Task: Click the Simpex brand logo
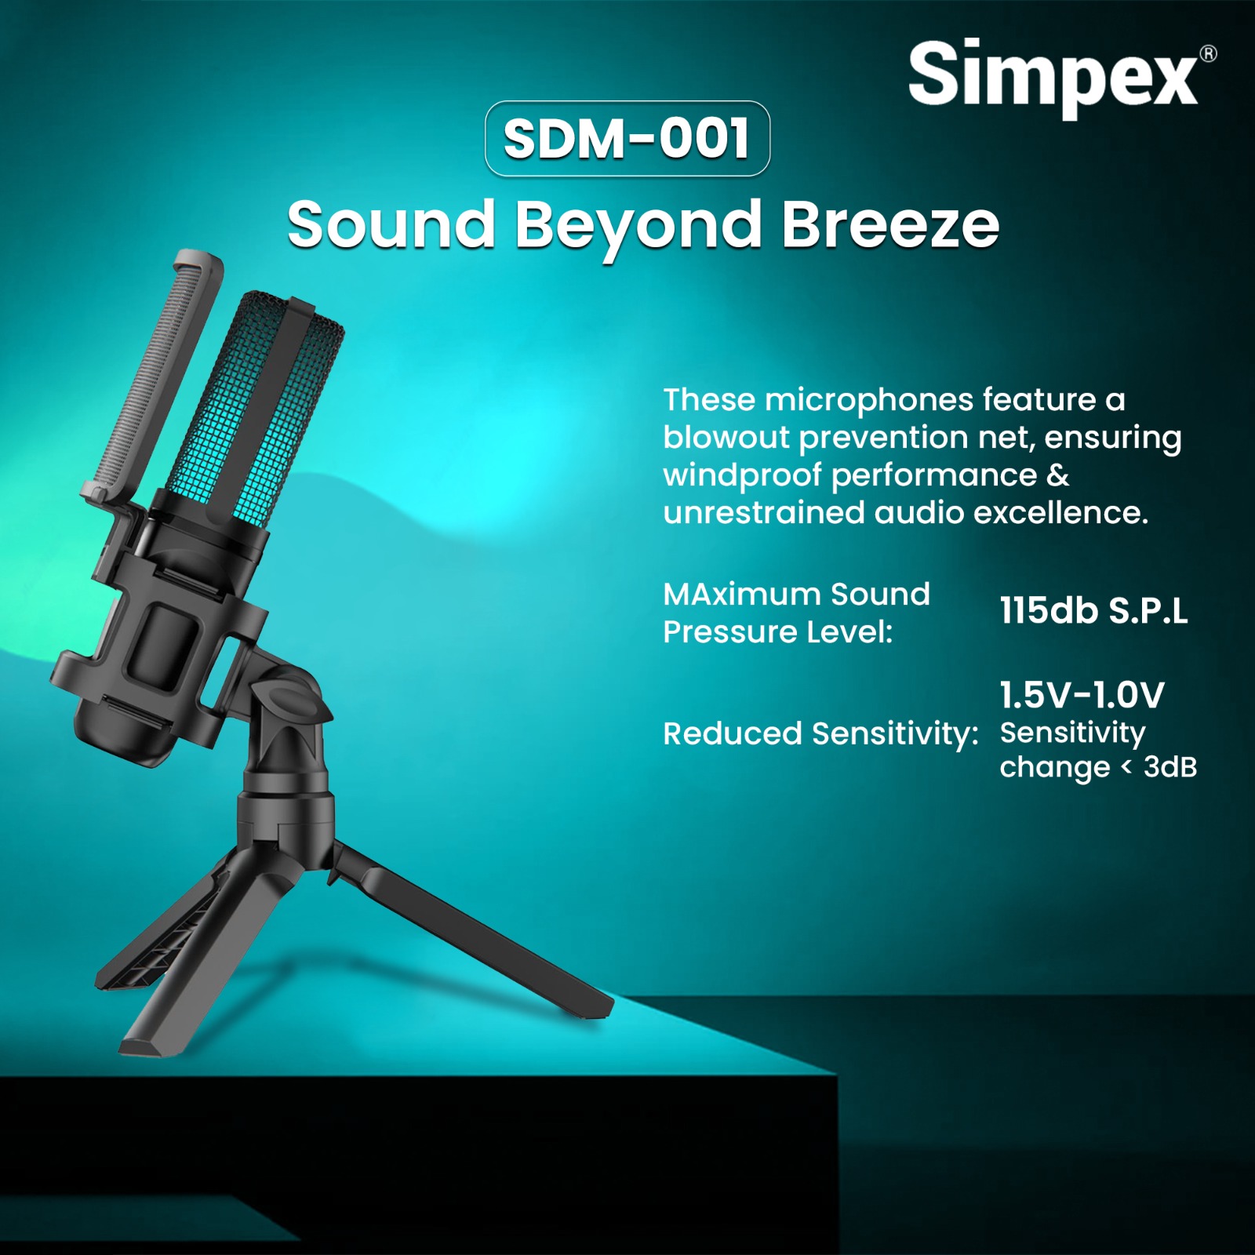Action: click(1053, 76)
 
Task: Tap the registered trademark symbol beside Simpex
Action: click(1209, 53)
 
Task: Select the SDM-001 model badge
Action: click(627, 139)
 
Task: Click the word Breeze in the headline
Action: click(890, 224)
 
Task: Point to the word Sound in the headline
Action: click(391, 224)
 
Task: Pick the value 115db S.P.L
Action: click(1093, 610)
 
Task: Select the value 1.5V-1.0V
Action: click(1082, 694)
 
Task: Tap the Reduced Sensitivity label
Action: click(820, 734)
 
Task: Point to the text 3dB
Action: click(1170, 766)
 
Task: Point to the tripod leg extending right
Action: click(471, 933)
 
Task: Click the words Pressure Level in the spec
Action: click(778, 631)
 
